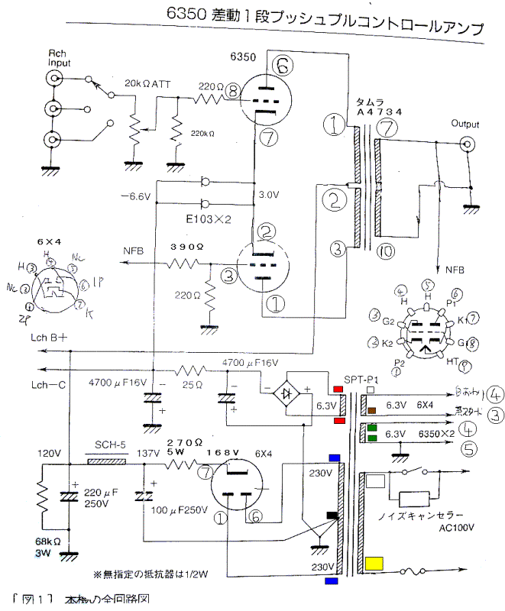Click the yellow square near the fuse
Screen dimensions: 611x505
coord(375,564)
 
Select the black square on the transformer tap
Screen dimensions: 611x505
coord(332,516)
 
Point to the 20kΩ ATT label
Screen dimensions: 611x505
coord(147,83)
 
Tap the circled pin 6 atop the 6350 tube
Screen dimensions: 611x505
coord(283,67)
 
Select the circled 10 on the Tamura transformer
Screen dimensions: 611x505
coord(387,252)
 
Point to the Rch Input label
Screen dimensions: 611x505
coord(58,57)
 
